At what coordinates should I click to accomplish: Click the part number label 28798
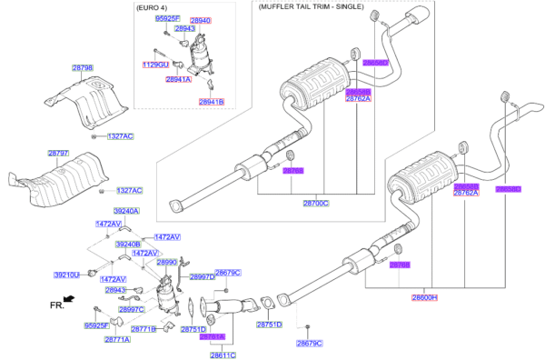tap(83, 68)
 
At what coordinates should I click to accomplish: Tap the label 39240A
tap(126, 211)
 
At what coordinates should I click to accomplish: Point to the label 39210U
tap(67, 274)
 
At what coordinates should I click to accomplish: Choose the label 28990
tap(168, 262)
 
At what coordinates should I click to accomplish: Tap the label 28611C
tap(223, 355)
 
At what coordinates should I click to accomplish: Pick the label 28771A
tap(117, 339)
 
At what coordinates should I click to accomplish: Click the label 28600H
tap(424, 297)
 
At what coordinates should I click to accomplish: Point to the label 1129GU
tap(156, 65)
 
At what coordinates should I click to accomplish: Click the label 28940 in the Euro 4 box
tap(199, 19)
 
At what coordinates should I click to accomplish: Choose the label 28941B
tap(211, 102)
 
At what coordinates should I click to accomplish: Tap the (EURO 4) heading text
tap(153, 7)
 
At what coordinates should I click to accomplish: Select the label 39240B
tap(128, 244)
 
